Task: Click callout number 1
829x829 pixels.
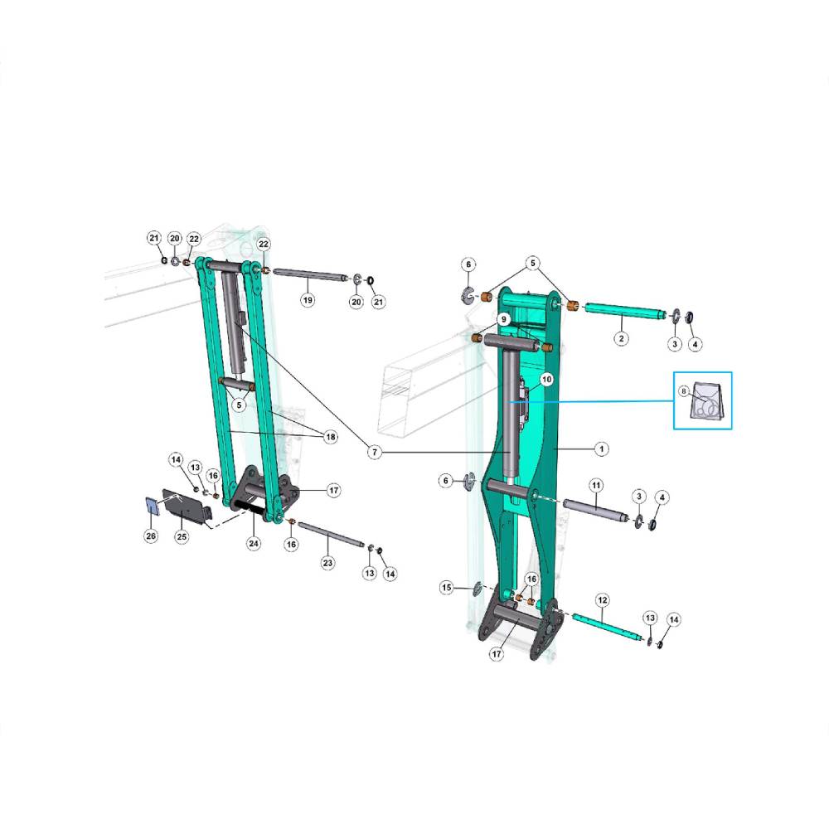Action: pyautogui.click(x=601, y=448)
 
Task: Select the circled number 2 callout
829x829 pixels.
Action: pyautogui.click(x=621, y=338)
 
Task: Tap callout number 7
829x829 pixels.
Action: pyautogui.click(x=375, y=452)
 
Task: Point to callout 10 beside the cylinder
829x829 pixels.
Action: pyautogui.click(x=546, y=379)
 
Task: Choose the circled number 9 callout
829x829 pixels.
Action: pyautogui.click(x=504, y=319)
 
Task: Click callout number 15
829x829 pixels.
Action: pyautogui.click(x=447, y=588)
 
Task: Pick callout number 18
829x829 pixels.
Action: pyautogui.click(x=331, y=437)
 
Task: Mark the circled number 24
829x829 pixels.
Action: pyautogui.click(x=254, y=543)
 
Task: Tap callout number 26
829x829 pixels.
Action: pyautogui.click(x=151, y=536)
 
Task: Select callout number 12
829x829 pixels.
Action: pyautogui.click(x=602, y=600)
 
